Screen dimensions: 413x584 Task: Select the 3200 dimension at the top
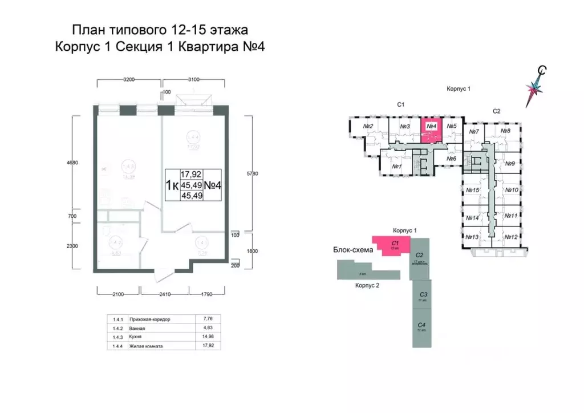128,80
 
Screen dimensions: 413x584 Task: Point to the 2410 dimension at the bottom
164,295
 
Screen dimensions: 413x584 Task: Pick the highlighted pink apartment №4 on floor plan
431,130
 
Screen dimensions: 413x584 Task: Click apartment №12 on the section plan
510,237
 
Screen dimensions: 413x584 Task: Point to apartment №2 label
368,126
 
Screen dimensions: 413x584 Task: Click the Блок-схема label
353,250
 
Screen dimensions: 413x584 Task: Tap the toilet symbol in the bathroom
107,233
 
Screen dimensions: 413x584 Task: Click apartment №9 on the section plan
510,163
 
